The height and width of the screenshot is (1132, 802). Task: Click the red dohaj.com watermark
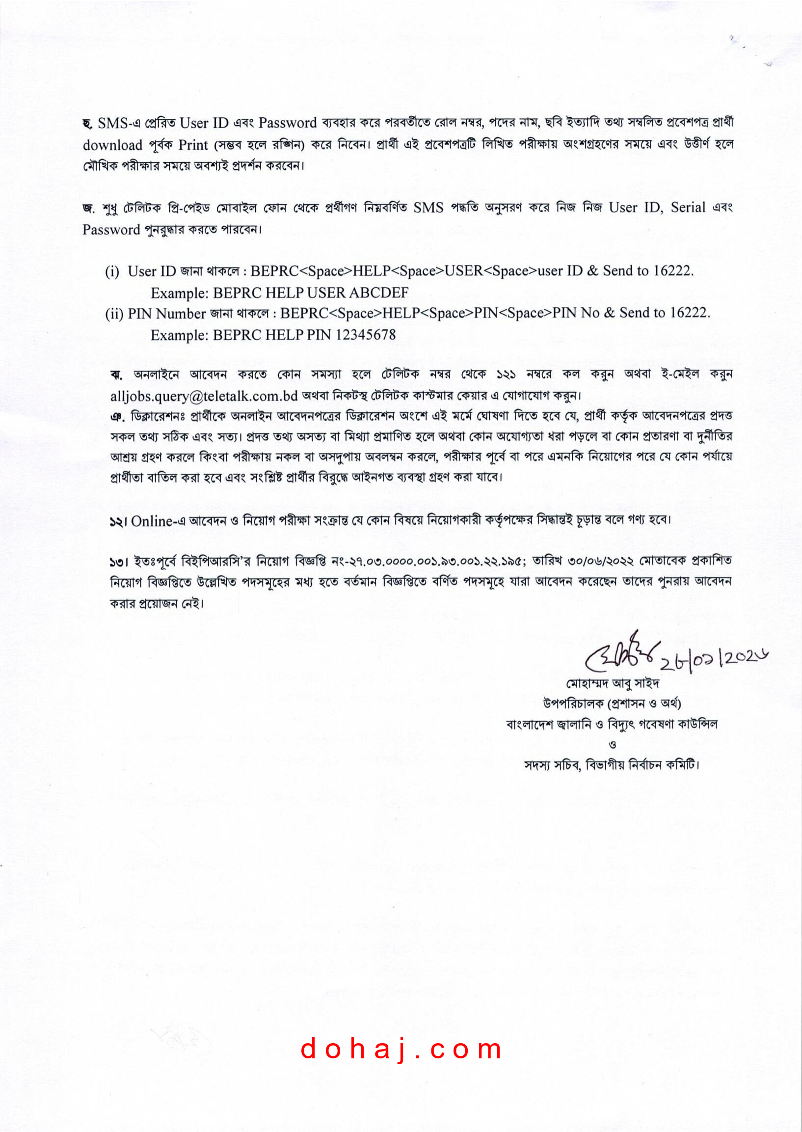401,1049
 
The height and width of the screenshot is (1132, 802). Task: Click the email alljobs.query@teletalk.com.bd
204,396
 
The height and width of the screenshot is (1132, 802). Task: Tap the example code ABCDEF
379,293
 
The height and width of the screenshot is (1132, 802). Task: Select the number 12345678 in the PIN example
366,335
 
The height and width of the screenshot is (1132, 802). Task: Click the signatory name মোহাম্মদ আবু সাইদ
613,683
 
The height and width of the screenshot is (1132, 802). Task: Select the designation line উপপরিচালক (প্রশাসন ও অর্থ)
612,703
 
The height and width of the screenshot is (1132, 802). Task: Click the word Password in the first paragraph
288,123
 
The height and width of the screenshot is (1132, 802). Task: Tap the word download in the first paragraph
112,145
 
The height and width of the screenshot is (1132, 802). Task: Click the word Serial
688,208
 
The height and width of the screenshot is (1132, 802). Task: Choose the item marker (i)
112,271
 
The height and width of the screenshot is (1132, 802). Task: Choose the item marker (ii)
114,314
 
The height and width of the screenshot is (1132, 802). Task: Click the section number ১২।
118,521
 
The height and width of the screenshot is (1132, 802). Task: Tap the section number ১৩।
118,562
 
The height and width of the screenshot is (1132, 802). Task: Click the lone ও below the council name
613,744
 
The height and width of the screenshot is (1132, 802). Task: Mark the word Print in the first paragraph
193,145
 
